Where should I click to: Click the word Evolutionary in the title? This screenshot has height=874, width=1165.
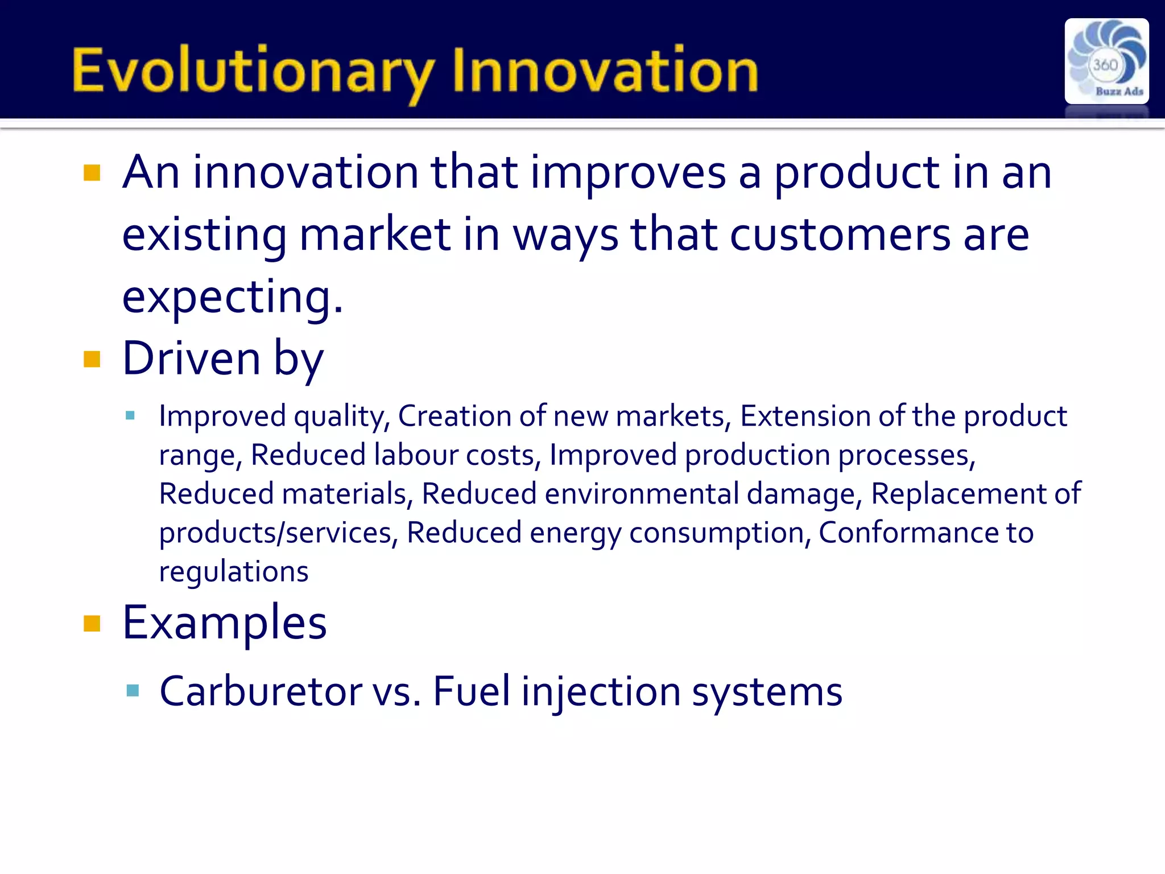click(x=253, y=71)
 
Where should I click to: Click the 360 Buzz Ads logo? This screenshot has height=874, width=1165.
click(x=1106, y=61)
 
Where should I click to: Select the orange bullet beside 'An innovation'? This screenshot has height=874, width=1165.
click(x=92, y=172)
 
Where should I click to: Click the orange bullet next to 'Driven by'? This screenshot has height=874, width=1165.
click(x=92, y=359)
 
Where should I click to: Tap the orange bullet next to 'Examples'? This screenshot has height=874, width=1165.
click(x=92, y=624)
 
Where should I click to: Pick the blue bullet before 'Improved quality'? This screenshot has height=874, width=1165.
click(x=130, y=415)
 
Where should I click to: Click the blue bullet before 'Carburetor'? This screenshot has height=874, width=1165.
click(x=133, y=691)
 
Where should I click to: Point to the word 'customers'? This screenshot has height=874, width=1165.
click(x=840, y=235)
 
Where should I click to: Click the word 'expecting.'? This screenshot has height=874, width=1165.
click(x=233, y=298)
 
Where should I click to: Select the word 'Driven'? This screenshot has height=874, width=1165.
click(x=191, y=358)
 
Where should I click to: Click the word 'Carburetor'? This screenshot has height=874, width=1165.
click(x=261, y=691)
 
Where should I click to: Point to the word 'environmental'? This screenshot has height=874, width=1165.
click(x=641, y=493)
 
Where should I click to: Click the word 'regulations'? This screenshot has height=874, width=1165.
click(x=233, y=572)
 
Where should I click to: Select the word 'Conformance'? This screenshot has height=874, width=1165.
click(x=908, y=533)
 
